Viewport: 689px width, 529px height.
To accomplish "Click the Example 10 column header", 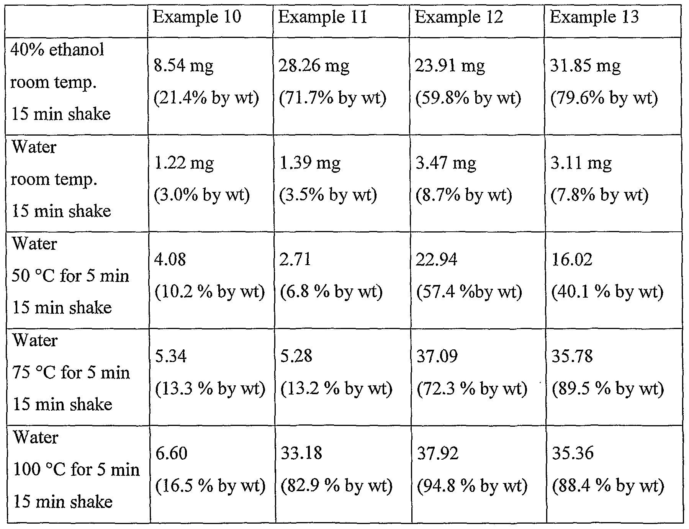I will pos(197,17).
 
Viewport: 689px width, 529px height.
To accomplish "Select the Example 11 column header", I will pos(322,17).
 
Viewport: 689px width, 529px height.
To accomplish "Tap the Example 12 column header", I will pos(459,17).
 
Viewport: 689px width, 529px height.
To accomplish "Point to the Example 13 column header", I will pos(594,17).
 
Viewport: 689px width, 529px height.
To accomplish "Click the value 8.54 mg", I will pos(183,66).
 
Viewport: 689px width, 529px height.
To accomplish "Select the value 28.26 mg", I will pos(314,66).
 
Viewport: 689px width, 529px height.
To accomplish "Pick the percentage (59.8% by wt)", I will pos(468,98).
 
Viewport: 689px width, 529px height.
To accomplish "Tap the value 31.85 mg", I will pos(585,66).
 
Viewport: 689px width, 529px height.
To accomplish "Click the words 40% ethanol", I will pos(57,50).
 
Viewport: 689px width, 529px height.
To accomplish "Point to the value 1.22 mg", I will pos(183,163).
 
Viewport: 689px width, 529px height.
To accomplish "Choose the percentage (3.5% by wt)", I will pos(328,195).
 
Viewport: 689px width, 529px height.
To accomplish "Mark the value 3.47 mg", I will pos(446,163).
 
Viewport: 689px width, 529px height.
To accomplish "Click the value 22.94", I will pos(437,260).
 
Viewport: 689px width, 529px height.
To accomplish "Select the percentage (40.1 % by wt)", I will pos(607,292).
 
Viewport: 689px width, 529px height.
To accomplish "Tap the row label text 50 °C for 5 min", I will pos(70,276).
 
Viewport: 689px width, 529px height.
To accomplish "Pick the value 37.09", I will pos(437,356).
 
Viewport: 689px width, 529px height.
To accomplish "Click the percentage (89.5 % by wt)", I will pos(607,389).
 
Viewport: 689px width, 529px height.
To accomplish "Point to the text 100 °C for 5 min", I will pos(76,470).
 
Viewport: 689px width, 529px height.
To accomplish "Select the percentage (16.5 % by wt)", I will pos(210,486).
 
